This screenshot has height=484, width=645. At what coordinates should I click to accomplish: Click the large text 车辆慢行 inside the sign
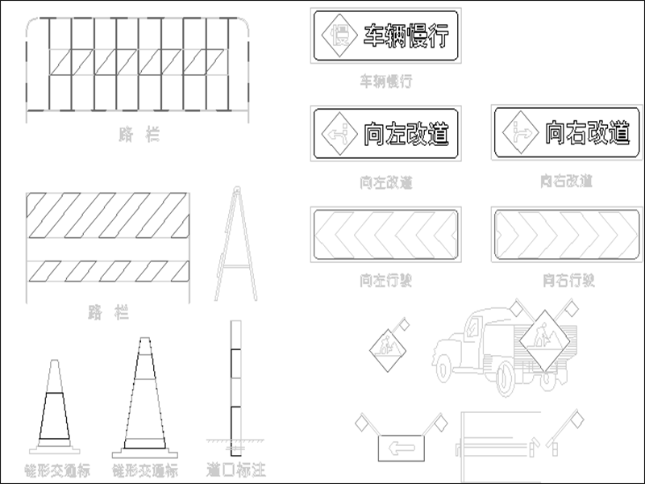[x=405, y=36]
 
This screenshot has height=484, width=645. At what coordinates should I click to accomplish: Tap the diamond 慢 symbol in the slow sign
[x=340, y=36]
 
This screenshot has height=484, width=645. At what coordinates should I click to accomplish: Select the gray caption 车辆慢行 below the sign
[x=386, y=81]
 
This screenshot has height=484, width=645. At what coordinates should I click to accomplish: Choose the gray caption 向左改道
[x=386, y=182]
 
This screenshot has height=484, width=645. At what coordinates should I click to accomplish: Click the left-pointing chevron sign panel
[x=385, y=233]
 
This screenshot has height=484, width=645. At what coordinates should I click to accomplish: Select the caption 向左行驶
[x=386, y=281]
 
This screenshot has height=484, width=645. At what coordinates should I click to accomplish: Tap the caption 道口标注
[x=235, y=469]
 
